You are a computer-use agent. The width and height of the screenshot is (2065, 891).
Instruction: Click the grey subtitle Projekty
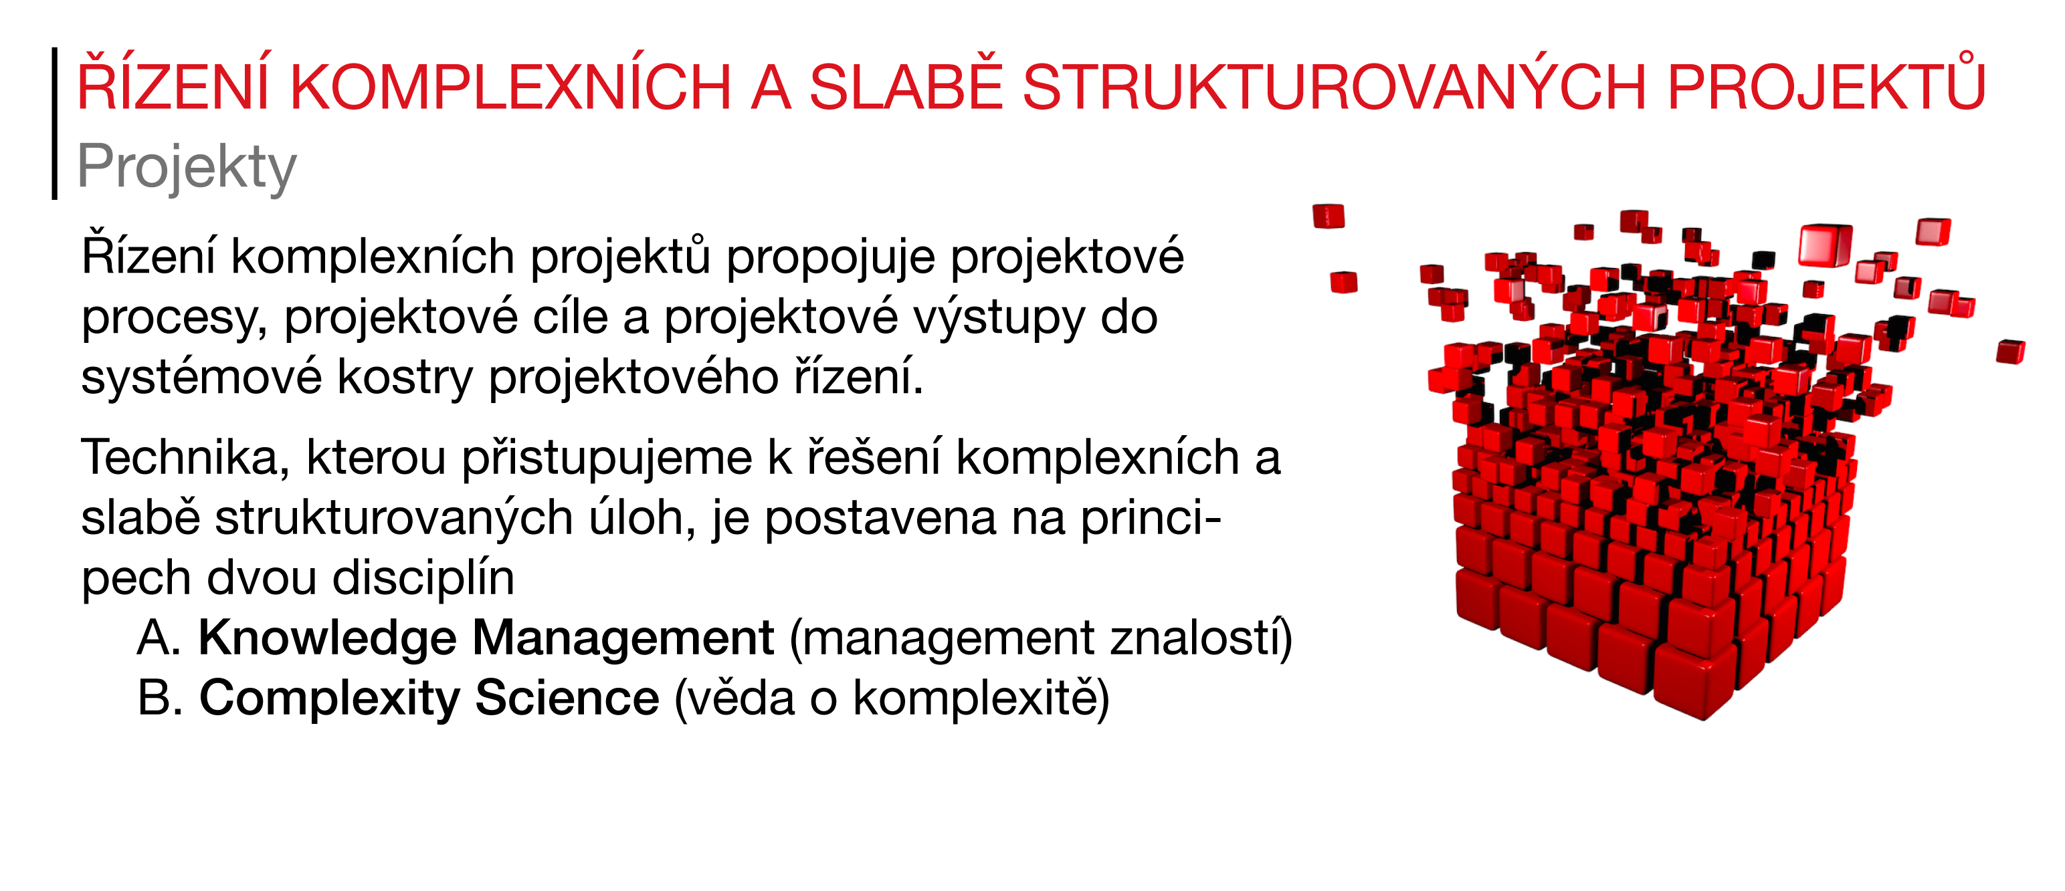(186, 166)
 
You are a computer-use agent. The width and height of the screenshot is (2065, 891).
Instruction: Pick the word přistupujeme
(607, 459)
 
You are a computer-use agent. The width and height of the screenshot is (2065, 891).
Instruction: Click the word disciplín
(423, 578)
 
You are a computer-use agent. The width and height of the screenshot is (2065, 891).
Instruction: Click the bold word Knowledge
(327, 638)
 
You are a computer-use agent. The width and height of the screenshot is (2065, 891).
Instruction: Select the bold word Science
(567, 698)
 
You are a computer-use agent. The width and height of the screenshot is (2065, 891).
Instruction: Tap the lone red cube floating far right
(2011, 351)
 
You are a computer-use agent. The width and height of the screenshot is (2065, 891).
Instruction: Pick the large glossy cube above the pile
(1826, 245)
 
